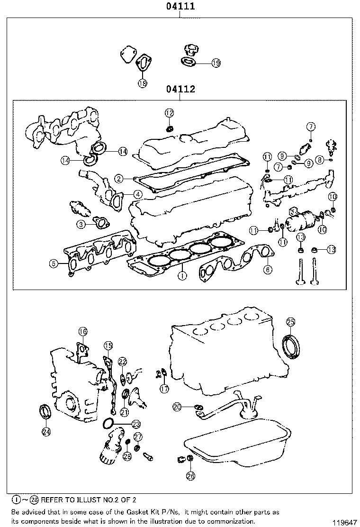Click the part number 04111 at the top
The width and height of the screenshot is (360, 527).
pos(180,7)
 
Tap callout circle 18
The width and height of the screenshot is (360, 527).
pos(143,83)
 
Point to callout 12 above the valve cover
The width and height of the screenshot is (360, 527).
pos(170,113)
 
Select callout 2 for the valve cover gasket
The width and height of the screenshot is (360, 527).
pos(119,179)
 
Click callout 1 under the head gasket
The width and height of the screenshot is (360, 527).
pos(181,274)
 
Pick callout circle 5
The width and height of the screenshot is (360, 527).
pos(54,263)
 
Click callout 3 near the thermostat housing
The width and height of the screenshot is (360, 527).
pos(81,224)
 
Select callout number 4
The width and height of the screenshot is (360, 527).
pos(137,194)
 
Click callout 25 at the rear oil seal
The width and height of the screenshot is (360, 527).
pos(291,323)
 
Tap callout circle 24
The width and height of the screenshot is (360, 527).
pos(46,431)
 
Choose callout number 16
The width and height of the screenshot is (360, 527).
pos(82,332)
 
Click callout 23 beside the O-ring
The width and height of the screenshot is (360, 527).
pos(136,424)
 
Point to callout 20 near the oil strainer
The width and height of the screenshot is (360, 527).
pos(177,407)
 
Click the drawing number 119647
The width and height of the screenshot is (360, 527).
pos(343,522)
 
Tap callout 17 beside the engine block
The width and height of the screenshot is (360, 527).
pos(164,389)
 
